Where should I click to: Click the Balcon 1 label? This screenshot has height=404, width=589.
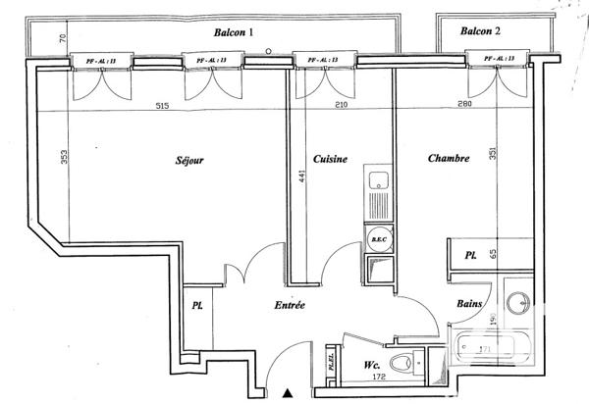pyautogui.click(x=234, y=32)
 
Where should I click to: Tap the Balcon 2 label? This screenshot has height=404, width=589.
pyautogui.click(x=481, y=31)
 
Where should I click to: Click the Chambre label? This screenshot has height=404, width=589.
pyautogui.click(x=448, y=157)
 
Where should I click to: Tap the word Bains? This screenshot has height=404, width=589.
pyautogui.click(x=469, y=304)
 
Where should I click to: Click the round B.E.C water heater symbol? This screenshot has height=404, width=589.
pyautogui.click(x=376, y=238)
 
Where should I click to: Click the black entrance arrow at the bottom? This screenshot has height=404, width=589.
pyautogui.click(x=287, y=393)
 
